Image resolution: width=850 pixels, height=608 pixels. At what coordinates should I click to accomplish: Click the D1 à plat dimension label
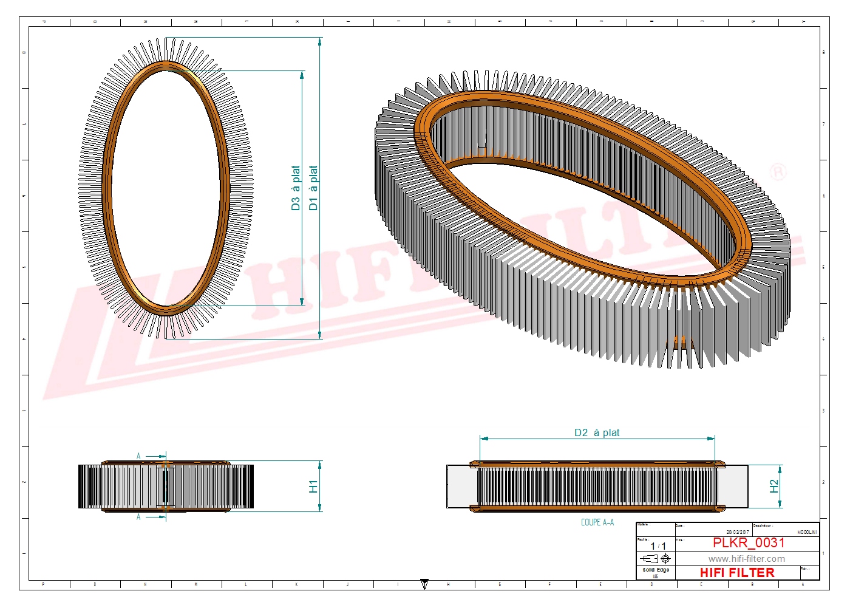(313, 188)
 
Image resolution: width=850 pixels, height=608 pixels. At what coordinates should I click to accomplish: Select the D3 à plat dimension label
(296, 188)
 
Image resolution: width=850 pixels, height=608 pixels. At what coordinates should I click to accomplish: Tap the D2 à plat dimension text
(597, 432)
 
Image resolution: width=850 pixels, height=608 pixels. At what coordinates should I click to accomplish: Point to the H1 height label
(313, 486)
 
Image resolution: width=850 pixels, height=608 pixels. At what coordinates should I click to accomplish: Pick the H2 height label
(773, 486)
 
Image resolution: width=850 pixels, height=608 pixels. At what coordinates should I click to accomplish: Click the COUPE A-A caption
(597, 522)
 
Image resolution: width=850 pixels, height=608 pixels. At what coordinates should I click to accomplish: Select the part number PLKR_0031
(749, 543)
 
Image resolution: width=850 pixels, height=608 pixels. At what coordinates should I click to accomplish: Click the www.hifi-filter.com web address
(746, 559)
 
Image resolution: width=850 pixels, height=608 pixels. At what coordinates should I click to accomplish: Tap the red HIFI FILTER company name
(737, 573)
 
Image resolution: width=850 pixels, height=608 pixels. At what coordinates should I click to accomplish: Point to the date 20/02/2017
(738, 532)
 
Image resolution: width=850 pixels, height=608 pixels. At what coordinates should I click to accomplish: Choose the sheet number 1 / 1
(658, 546)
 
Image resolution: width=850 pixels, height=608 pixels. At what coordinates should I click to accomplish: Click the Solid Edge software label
(656, 570)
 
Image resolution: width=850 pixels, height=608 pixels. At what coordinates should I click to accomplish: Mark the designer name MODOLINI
(807, 532)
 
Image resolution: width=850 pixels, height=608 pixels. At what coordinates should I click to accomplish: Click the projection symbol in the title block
(656, 558)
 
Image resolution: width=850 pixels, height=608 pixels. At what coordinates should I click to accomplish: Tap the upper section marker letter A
(138, 456)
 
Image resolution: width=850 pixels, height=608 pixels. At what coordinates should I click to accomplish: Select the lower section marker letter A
(138, 517)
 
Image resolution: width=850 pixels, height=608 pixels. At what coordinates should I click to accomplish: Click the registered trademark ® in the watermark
(778, 172)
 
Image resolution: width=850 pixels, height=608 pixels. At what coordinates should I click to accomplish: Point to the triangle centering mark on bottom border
(424, 584)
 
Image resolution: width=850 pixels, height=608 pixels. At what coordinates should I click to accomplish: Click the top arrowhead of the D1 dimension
(320, 41)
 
